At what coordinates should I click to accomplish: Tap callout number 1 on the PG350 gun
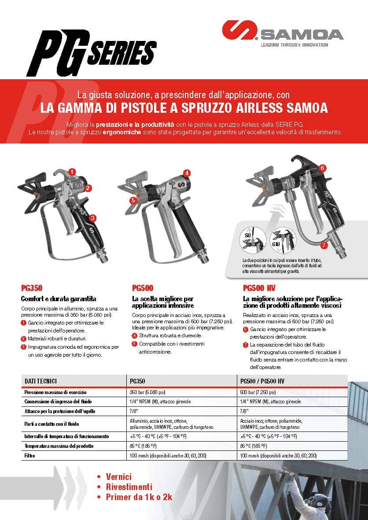pos(72,171)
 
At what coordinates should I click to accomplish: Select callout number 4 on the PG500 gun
pos(187,173)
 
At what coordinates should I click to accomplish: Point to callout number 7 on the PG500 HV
pos(324,244)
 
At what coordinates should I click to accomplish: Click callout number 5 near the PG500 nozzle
pos(132,200)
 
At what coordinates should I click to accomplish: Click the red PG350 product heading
pos(32,288)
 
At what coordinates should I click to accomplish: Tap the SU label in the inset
pos(247,235)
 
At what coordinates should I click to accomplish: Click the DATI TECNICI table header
pos(40,380)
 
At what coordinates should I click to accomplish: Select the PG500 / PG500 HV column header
pos(262,380)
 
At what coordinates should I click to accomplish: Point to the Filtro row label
pos(29,456)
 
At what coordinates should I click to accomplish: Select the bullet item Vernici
pos(118,477)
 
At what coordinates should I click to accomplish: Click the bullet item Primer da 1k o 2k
pos(139,497)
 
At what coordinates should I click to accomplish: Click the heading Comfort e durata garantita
pos(59,299)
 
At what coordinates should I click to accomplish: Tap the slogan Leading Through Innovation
pos(294,45)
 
